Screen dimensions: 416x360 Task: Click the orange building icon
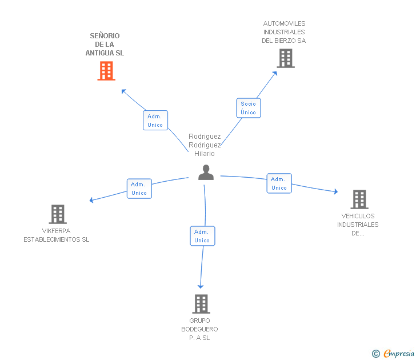coord(106,71)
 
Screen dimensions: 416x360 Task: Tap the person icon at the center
coord(206,173)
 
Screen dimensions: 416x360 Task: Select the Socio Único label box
coord(249,108)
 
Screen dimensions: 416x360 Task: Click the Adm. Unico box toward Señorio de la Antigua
coord(155,121)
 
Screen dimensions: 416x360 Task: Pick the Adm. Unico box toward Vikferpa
coord(139,189)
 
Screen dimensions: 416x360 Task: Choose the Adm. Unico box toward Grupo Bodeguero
coord(202,236)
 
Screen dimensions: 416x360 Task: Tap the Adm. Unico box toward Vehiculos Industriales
coord(279,183)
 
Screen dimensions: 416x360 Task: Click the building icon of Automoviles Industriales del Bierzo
coord(286,58)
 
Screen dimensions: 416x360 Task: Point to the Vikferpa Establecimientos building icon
coord(58,214)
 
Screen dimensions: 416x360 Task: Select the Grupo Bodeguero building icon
coord(201,304)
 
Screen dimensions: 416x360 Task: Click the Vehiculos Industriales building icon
coord(359,199)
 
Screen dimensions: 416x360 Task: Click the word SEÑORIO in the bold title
coord(105,36)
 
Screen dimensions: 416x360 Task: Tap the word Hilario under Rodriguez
coord(205,154)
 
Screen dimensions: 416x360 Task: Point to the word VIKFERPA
coord(56,231)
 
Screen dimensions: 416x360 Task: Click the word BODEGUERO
coord(199,329)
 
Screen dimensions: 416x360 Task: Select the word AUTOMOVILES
coord(284,23)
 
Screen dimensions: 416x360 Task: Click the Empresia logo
coord(399,353)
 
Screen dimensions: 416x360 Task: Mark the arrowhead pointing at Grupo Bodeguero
coord(201,286)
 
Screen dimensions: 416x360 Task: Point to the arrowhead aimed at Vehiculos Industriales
coord(336,191)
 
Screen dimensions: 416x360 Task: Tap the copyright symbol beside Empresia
coord(376,354)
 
